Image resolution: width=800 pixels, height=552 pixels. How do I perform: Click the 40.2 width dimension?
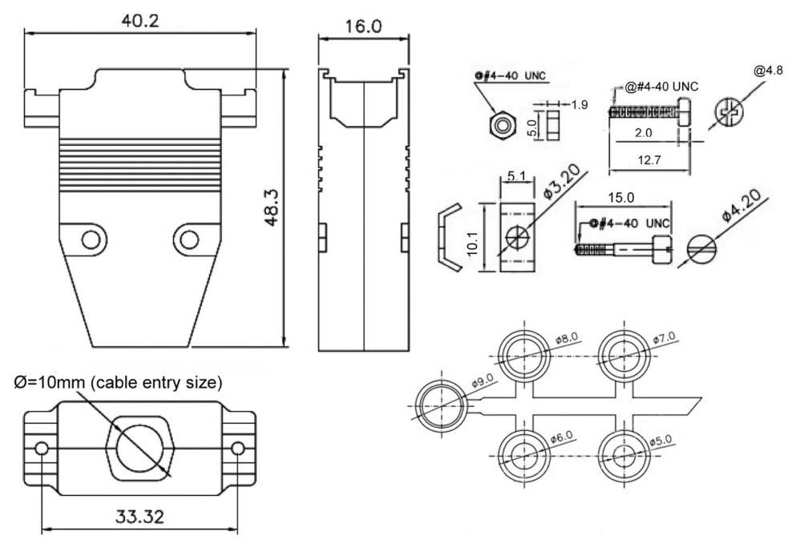click(139, 20)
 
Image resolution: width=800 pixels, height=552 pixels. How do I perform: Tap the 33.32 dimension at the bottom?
click(138, 517)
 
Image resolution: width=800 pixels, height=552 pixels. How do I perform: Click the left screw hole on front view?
click(94, 240)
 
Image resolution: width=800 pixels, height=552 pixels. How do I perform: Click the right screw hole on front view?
click(188, 240)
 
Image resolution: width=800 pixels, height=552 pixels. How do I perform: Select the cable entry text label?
click(118, 381)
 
